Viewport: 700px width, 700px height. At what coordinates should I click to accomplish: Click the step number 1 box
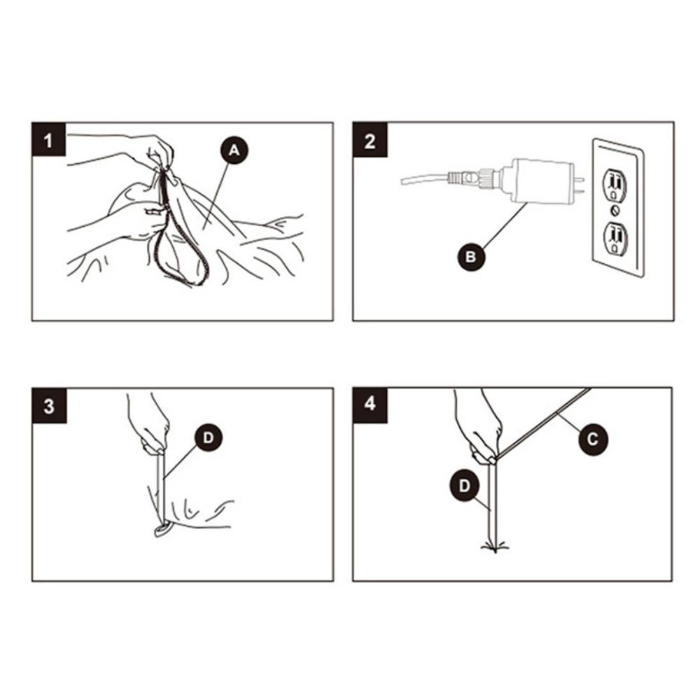[x=49, y=139]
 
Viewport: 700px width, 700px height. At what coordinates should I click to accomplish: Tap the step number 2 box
[x=370, y=139]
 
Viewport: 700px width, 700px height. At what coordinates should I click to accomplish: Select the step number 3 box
[x=49, y=406]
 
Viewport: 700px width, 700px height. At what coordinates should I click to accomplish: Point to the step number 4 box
[x=370, y=405]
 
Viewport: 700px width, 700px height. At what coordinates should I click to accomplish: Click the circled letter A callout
[x=234, y=150]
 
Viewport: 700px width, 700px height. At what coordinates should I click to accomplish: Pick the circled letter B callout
[x=471, y=257]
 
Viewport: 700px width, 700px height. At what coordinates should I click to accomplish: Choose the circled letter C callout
[x=592, y=440]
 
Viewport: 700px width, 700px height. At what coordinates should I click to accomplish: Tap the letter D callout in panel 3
[x=209, y=438]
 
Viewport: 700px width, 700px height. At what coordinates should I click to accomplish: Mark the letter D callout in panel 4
[x=465, y=486]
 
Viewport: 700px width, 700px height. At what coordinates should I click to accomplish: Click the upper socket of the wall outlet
[x=615, y=184]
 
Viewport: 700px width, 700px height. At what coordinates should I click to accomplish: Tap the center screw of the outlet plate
[x=615, y=211]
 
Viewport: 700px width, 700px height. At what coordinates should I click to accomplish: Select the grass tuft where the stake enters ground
[x=496, y=545]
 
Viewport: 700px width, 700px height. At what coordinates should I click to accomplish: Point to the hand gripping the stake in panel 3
[x=150, y=424]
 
